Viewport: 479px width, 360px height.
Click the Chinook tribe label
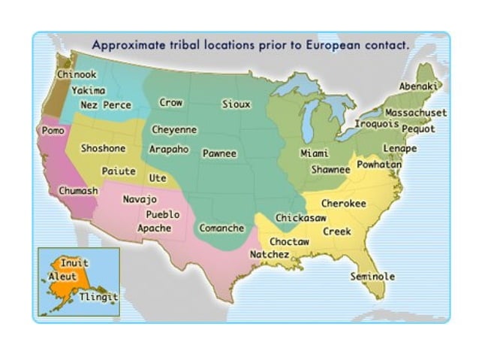click(x=76, y=74)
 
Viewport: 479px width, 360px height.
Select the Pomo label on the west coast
click(x=50, y=130)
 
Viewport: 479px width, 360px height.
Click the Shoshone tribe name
click(x=103, y=148)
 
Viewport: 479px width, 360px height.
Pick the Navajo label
click(x=139, y=200)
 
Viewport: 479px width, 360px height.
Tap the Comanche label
click(x=221, y=228)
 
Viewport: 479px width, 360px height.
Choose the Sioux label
click(x=236, y=104)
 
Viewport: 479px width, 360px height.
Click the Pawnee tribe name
click(x=219, y=153)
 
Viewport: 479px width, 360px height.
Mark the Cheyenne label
click(x=174, y=130)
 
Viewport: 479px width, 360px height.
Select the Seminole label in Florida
click(x=372, y=277)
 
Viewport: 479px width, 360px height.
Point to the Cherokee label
click(x=344, y=203)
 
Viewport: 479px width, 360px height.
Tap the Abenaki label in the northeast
click(x=418, y=87)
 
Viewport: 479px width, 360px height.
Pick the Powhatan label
click(x=379, y=164)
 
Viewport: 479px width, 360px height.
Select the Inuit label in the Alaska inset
click(x=74, y=264)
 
